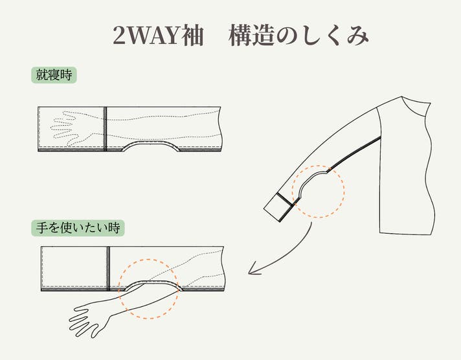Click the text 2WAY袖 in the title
click(x=158, y=36)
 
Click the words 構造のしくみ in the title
click(x=298, y=36)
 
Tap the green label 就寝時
click(x=54, y=75)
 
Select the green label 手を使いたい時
click(x=78, y=228)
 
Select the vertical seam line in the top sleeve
click(x=105, y=129)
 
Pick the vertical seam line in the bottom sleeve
click(x=108, y=269)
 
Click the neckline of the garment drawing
click(x=414, y=106)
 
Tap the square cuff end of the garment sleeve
click(x=278, y=207)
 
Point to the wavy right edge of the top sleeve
click(x=220, y=129)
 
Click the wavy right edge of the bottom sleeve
click(x=223, y=269)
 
